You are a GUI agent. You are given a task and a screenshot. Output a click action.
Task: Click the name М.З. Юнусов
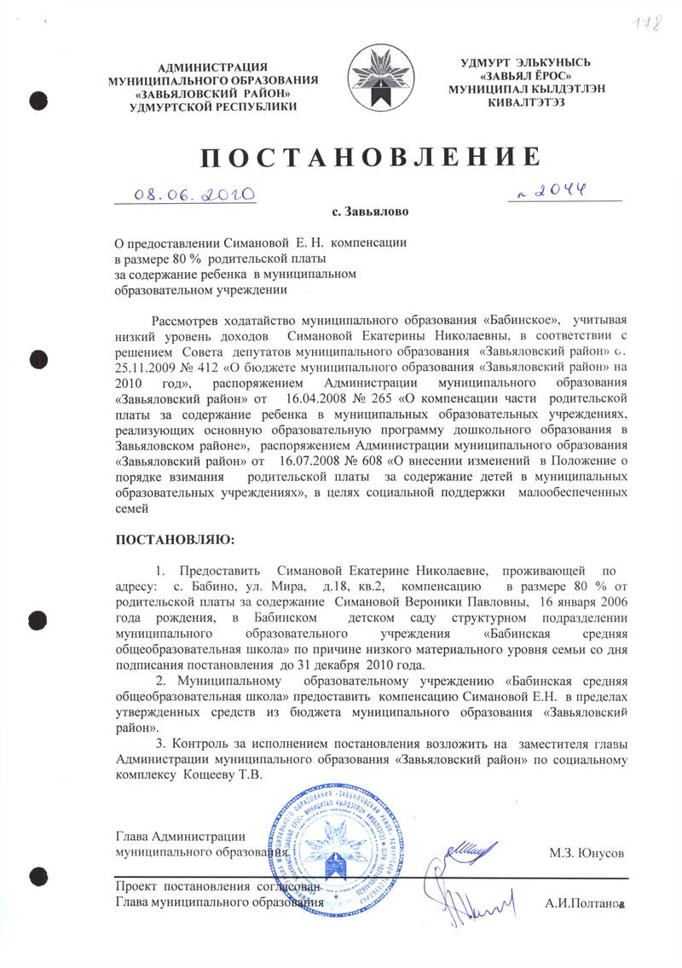[588, 853]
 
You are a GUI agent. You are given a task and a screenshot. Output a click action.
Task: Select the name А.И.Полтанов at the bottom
[585, 903]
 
